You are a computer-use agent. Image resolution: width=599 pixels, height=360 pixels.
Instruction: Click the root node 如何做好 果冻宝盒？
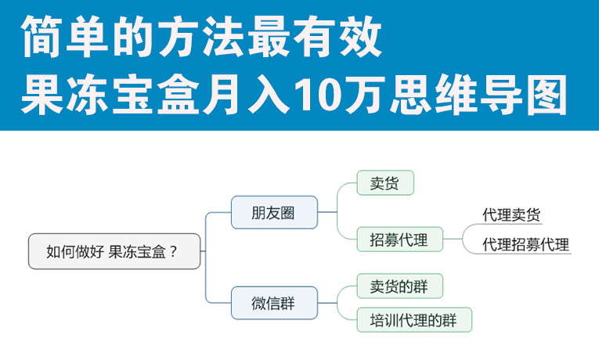[x=114, y=251]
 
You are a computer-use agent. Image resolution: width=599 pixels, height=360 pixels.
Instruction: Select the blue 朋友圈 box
[x=274, y=212]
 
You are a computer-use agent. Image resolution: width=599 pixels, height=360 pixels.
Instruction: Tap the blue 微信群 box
[x=274, y=303]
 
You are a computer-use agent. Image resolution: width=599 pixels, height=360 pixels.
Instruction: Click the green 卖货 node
[x=385, y=183]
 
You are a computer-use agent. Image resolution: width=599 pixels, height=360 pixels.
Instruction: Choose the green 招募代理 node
[x=399, y=239]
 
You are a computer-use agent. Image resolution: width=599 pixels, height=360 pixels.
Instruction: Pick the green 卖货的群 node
[x=399, y=286]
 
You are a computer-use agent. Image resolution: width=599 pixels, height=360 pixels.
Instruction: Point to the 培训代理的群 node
[x=414, y=319]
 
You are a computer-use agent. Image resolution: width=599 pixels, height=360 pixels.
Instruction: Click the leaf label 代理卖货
[x=511, y=214]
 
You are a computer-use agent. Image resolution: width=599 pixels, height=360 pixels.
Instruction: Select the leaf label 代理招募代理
[x=525, y=244]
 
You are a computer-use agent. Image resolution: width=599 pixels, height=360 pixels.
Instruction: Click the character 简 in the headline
[x=41, y=37]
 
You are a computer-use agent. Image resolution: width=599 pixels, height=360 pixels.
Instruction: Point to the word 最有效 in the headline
[x=316, y=37]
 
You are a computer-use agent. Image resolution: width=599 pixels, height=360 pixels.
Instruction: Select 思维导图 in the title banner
[x=478, y=95]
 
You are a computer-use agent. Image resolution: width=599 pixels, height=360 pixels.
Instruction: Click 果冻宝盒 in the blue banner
[x=110, y=95]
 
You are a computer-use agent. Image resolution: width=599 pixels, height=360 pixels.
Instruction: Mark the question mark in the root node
[x=173, y=251]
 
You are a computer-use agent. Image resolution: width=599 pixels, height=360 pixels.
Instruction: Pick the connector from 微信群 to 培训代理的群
[x=337, y=312]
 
